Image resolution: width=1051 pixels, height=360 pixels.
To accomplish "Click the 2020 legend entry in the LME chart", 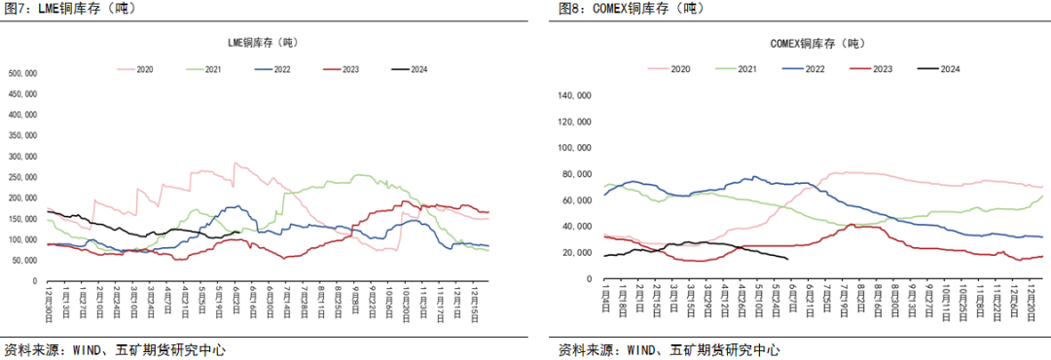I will pos(136,69).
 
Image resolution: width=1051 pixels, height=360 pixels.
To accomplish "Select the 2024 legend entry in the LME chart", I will pos(410,69).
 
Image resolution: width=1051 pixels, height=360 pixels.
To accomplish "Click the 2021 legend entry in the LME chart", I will pos(204,69).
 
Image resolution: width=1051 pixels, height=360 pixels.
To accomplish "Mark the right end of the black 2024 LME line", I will pos(240,232).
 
